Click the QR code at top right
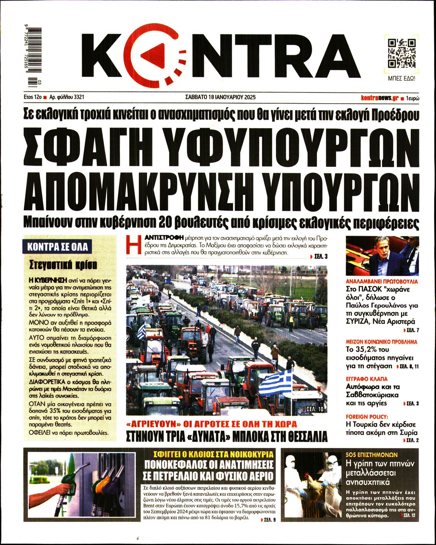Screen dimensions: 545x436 click(401, 53)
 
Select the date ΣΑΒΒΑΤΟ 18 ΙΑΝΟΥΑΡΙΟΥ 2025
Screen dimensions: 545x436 click(220, 97)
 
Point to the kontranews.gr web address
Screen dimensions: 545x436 click(379, 98)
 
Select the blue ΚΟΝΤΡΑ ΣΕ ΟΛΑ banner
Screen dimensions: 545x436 click(57, 247)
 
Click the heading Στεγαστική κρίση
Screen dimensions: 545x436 click(64, 265)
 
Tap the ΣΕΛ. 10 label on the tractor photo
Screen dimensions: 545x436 click(314, 409)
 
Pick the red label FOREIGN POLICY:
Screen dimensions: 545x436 click(367, 417)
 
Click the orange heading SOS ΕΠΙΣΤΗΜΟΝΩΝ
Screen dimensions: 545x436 click(371, 454)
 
